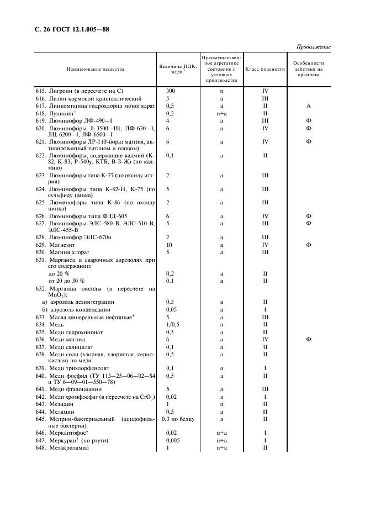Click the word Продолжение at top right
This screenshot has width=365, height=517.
[x=314, y=46]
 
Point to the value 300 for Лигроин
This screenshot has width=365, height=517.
[x=171, y=90]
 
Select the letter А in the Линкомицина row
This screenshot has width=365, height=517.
[x=309, y=105]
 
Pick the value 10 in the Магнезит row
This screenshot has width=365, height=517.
[x=169, y=244]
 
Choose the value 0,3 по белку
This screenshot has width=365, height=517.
[x=178, y=419]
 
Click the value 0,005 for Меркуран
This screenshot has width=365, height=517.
[x=173, y=440]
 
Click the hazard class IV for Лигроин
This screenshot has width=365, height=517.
[x=265, y=90]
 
